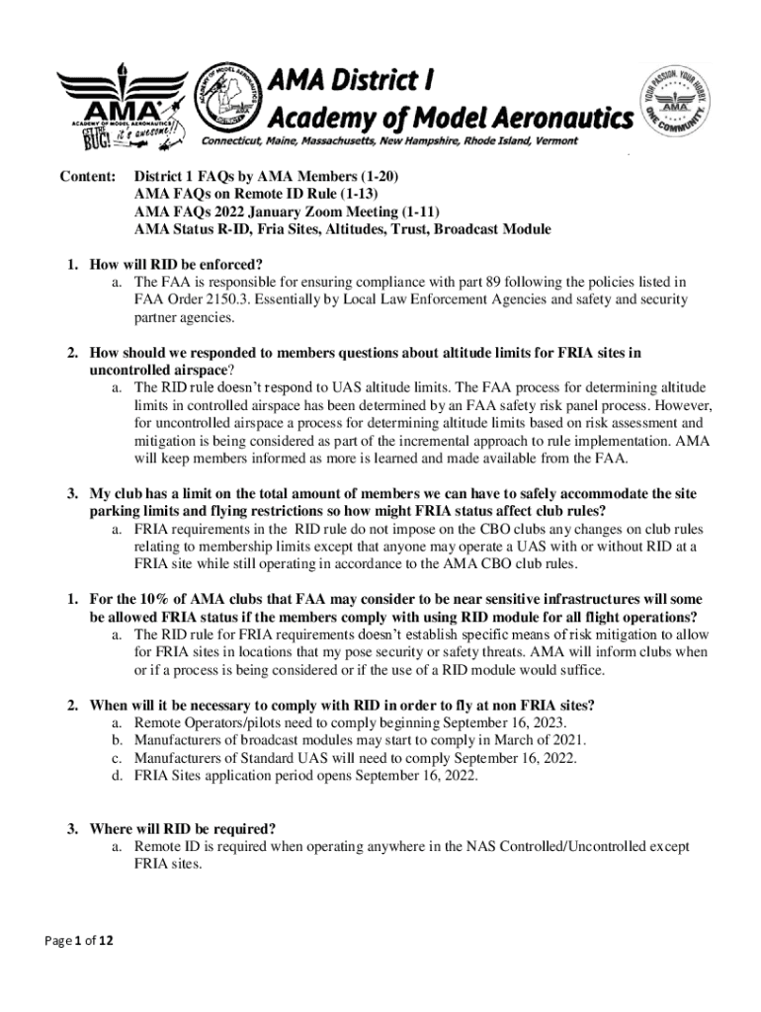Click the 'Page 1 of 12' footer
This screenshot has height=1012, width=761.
pyautogui.click(x=80, y=942)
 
